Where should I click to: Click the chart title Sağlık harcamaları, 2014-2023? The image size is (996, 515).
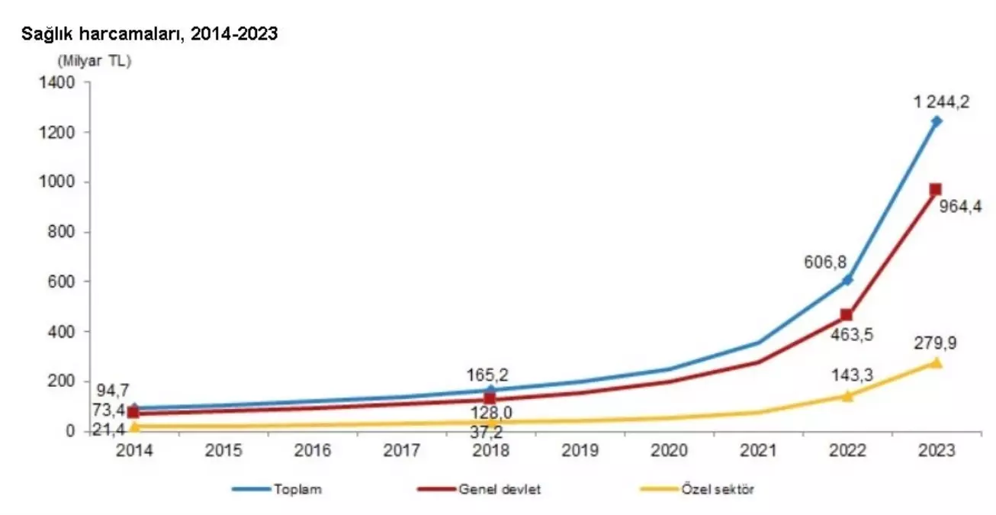click(x=149, y=34)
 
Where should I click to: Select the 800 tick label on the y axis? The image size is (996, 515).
click(x=62, y=232)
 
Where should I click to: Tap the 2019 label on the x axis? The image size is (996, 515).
click(x=580, y=451)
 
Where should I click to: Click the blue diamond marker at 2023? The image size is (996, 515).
click(x=937, y=121)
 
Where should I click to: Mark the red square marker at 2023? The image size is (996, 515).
click(x=936, y=190)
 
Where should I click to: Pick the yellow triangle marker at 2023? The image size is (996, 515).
click(x=936, y=362)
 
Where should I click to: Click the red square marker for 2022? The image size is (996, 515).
click(x=847, y=315)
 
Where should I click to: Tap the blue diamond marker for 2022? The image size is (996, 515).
click(x=847, y=280)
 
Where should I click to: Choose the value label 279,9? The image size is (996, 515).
click(x=936, y=343)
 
